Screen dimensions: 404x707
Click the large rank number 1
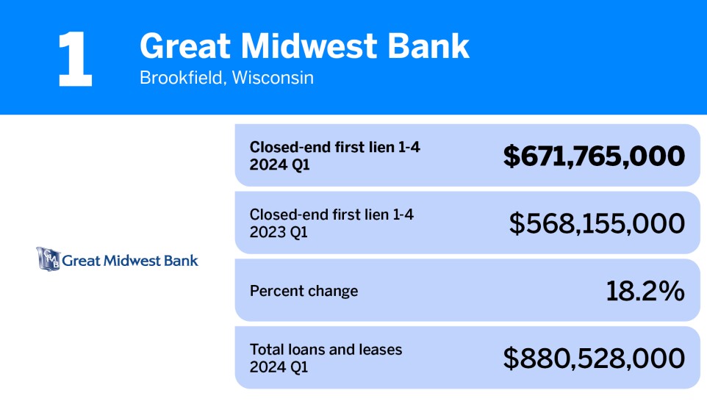coord(75,59)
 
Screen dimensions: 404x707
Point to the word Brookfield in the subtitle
coord(181,77)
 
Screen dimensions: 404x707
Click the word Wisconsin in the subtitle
coord(273,77)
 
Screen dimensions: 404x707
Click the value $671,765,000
coord(594,156)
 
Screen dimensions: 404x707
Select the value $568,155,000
coord(597,223)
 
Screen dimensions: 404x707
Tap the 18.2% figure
coord(645,291)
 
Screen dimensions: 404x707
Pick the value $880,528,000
coord(594,358)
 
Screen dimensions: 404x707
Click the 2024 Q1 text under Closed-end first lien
coord(280,165)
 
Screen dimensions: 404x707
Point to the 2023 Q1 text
coord(279,232)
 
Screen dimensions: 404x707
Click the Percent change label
coord(304,291)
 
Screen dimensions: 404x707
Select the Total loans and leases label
coord(326,350)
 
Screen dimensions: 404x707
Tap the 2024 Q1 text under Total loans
coord(279,367)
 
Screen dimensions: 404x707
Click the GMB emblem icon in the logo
coord(48,259)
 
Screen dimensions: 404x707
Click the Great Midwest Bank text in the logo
coord(130,260)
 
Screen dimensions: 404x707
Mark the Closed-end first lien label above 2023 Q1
coord(337,215)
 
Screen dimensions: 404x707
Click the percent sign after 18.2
coord(671,291)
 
